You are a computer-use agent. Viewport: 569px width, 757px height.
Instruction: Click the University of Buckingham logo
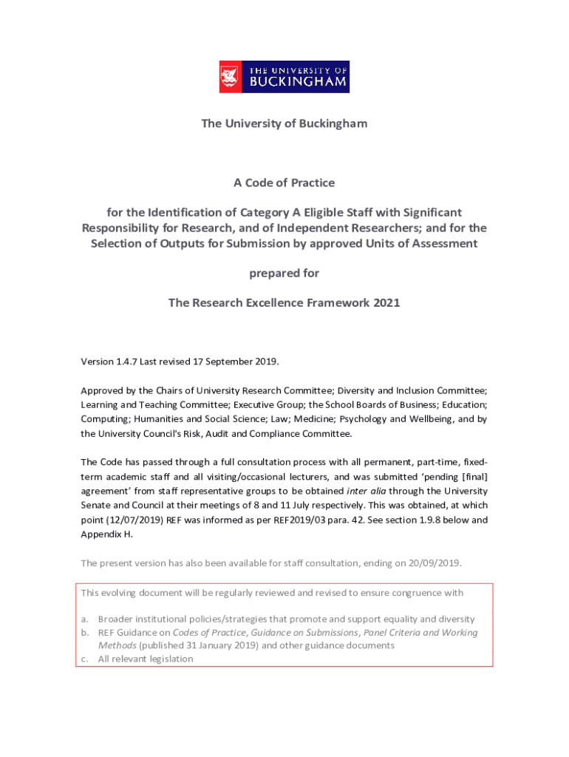coord(284,77)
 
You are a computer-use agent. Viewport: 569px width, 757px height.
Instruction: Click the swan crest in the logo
coord(230,77)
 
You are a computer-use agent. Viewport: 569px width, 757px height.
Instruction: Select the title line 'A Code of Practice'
coord(284,183)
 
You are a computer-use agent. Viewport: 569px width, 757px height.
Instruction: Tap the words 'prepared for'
coord(284,273)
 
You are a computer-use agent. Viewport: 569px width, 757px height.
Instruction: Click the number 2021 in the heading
coord(386,302)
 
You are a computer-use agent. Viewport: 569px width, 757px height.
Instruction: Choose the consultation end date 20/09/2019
coord(435,563)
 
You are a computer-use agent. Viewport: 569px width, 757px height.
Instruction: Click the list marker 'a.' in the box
coord(86,619)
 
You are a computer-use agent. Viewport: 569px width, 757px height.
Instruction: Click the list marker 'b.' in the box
coord(86,633)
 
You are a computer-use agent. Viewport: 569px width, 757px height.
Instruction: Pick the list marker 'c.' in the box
coord(86,659)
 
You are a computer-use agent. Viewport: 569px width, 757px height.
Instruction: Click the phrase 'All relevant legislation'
coord(146,659)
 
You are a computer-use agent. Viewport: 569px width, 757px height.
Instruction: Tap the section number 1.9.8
coord(418,520)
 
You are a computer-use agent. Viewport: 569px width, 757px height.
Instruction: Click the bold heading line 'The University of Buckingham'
coord(284,123)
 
